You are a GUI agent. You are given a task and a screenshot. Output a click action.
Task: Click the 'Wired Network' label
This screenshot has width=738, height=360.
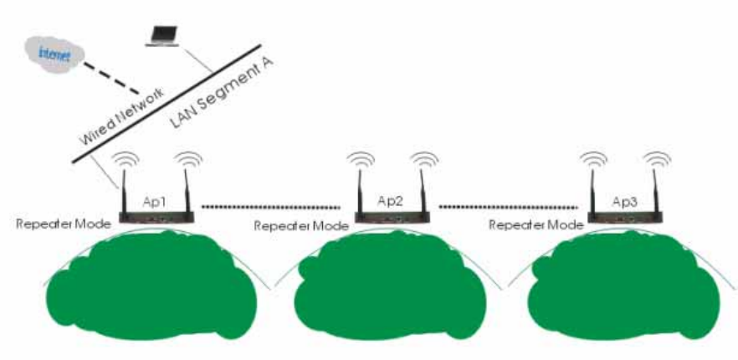coord(120,117)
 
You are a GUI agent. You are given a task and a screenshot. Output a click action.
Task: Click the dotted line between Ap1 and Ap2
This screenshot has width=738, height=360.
coord(272,205)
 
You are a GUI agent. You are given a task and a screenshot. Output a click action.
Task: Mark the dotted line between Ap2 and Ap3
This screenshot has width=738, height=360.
coord(508,205)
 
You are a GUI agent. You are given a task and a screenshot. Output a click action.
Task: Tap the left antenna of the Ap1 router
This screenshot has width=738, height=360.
coord(124,188)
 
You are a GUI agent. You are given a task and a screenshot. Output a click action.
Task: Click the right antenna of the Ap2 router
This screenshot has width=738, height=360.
coord(425,188)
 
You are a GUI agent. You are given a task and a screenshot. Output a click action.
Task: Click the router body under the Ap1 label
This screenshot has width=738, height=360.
coord(156,219)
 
